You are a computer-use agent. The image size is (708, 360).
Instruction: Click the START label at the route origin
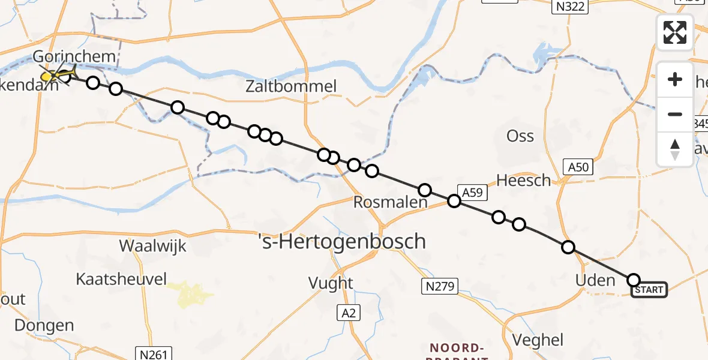click(649, 290)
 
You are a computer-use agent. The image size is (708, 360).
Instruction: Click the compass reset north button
click(675, 149)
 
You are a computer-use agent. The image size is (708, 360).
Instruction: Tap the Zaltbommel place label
click(291, 86)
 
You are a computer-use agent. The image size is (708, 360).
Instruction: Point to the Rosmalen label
click(390, 203)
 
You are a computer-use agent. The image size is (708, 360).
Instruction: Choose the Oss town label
click(520, 136)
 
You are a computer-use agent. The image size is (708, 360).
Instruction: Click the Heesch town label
click(524, 180)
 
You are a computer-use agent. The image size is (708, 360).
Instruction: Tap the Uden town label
click(595, 280)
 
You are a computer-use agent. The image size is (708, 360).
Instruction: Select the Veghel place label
click(539, 340)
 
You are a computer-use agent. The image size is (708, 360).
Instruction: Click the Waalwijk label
click(153, 246)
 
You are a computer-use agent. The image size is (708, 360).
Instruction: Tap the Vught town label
click(331, 282)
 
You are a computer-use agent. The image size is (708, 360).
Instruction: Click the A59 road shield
click(472, 192)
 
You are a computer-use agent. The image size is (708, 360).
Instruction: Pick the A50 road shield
click(578, 167)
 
